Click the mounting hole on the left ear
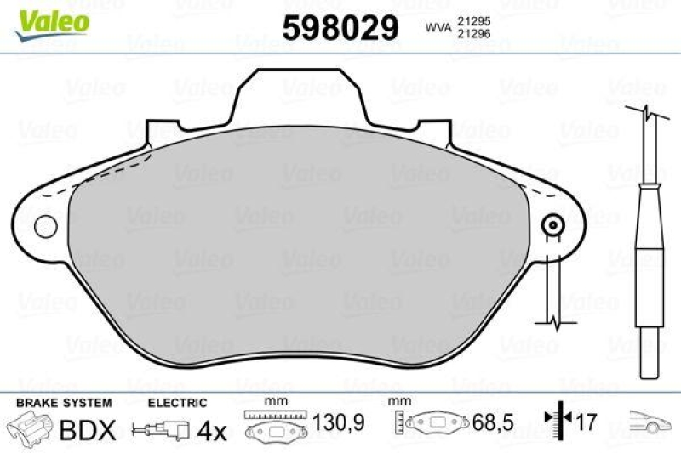tap(45, 226)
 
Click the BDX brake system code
tap(86, 430)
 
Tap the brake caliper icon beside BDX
tap(27, 428)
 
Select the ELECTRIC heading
tap(177, 402)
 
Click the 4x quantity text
tap(212, 430)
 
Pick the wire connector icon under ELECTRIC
tap(160, 431)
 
